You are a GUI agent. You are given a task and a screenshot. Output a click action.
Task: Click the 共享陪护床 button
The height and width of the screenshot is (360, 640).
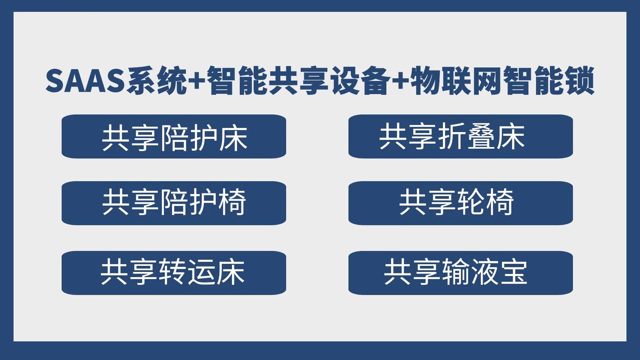coord(174,136)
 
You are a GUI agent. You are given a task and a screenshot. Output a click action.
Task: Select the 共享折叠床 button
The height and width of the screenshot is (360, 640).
coord(461,136)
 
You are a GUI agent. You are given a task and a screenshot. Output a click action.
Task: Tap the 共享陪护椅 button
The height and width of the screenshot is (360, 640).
coord(174,203)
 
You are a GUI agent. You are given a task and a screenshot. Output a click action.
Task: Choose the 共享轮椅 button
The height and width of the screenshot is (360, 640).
coord(461,203)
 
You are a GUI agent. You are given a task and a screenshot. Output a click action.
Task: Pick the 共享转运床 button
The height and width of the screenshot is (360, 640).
coord(174,273)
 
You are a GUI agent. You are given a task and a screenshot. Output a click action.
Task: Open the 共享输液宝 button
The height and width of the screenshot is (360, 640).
coord(461,273)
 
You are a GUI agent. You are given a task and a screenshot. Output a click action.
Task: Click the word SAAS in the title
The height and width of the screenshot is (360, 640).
coord(85,81)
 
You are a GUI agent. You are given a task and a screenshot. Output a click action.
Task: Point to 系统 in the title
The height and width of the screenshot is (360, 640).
coord(156,81)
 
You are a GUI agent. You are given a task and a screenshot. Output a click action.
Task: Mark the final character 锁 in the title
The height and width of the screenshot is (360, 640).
coord(579,81)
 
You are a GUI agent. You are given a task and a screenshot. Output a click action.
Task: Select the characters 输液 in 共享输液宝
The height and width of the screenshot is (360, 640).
coord(470,272)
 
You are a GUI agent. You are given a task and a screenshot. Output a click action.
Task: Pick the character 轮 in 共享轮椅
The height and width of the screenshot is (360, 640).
coord(471,203)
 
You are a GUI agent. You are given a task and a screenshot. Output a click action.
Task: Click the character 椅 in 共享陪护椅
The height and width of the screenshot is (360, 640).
coord(232,203)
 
